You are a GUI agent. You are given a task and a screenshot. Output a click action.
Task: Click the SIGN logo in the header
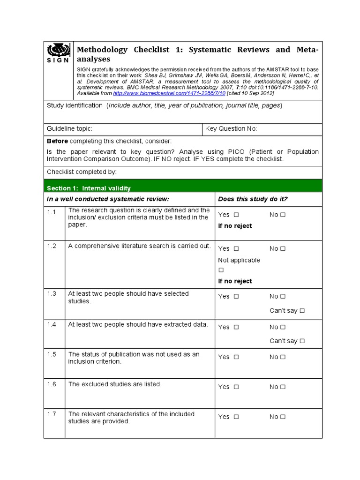pyautogui.click(x=59, y=53)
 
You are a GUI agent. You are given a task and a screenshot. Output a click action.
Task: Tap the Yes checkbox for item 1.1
pyautogui.click(x=236, y=215)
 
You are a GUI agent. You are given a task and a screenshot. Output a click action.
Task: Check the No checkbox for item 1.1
pyautogui.click(x=283, y=215)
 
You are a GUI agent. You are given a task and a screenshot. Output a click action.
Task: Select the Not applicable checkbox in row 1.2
pyautogui.click(x=221, y=270)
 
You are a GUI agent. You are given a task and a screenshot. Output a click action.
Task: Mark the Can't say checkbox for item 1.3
pyautogui.click(x=302, y=310)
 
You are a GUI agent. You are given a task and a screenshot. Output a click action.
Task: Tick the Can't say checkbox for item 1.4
pyautogui.click(x=302, y=341)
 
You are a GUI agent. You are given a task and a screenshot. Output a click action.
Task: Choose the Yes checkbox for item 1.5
pyautogui.click(x=236, y=357)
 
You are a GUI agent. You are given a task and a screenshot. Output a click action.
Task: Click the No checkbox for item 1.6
pyautogui.click(x=283, y=387)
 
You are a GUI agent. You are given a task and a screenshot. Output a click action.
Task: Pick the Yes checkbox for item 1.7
pyautogui.click(x=236, y=417)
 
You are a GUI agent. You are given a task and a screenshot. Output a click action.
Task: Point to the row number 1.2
pyautogui.click(x=52, y=246)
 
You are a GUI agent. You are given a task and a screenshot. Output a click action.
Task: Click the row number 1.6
pyautogui.click(x=52, y=384)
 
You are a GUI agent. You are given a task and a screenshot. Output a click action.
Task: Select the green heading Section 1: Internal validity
pyautogui.click(x=89, y=188)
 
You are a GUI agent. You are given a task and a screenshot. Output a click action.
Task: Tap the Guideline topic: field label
pyautogui.click(x=69, y=129)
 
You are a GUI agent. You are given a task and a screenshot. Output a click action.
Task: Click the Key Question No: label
pyautogui.click(x=231, y=129)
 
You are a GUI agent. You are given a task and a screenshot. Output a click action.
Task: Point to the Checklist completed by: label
pyautogui.click(x=82, y=172)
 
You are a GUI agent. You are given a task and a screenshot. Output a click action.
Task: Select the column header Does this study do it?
pyautogui.click(x=253, y=199)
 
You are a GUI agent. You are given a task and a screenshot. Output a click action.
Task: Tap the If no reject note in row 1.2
pyautogui.click(x=235, y=281)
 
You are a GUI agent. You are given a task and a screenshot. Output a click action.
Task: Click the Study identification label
pyautogui.click(x=75, y=105)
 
